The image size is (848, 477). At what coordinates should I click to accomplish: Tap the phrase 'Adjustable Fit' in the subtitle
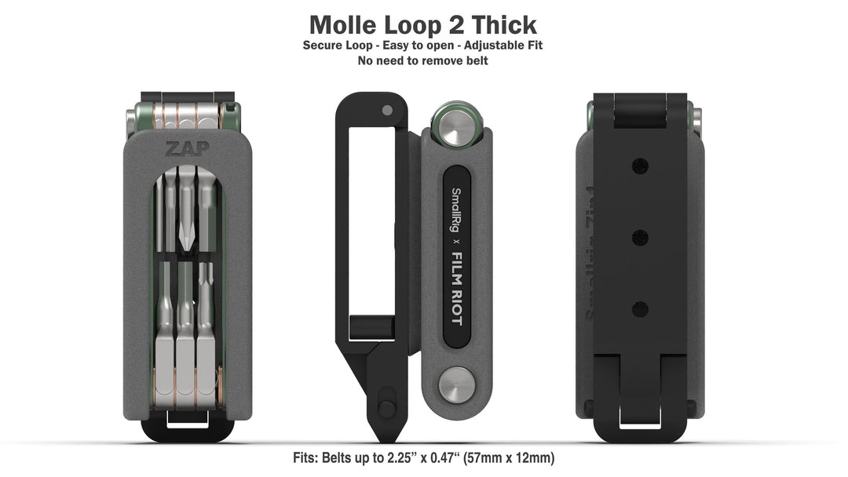click(502, 46)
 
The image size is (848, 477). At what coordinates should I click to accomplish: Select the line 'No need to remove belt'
click(423, 60)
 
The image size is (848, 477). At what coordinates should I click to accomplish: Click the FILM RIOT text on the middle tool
click(456, 294)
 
